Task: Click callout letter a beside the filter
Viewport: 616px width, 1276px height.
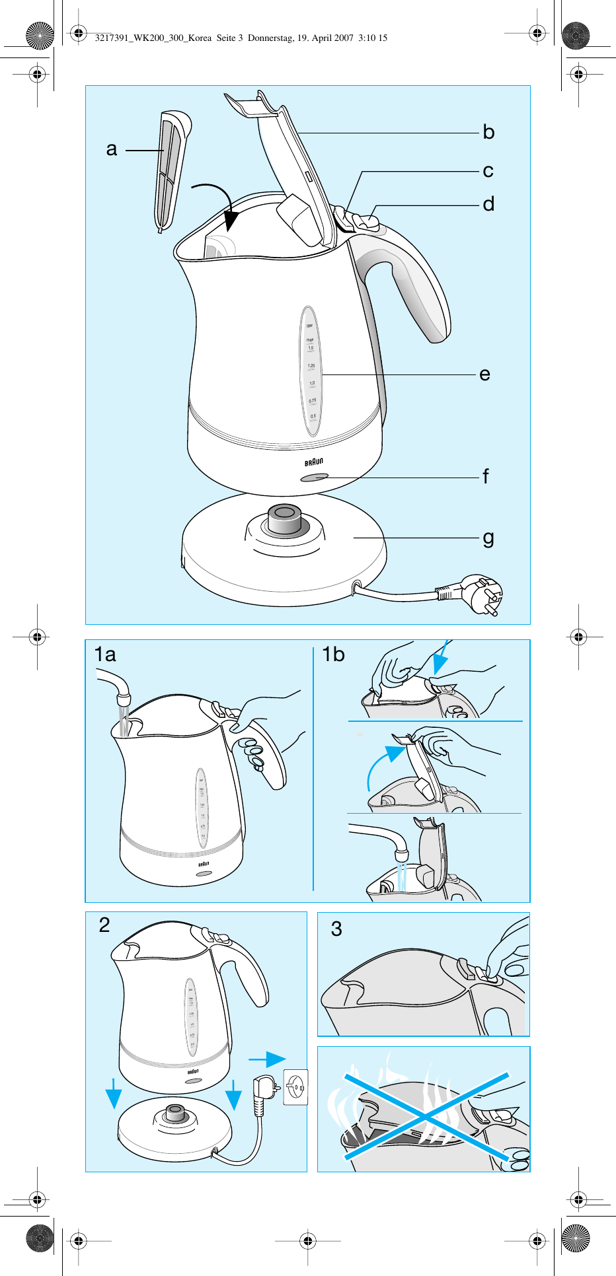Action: click(112, 149)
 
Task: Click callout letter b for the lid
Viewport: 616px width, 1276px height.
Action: click(488, 133)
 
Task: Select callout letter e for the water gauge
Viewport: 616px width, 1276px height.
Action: click(484, 374)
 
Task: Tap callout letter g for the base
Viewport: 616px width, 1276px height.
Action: click(488, 538)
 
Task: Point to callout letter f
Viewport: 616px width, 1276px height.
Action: click(486, 476)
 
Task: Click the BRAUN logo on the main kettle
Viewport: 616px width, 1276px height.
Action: click(314, 462)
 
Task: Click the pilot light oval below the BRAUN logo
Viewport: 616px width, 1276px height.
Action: click(314, 478)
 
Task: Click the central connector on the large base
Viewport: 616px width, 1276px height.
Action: click(285, 520)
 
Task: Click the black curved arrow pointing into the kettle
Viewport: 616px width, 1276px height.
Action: click(218, 201)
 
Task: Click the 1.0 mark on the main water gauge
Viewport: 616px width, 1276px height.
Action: click(312, 383)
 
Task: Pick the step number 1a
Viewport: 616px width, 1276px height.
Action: click(105, 655)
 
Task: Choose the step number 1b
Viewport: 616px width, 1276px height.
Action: click(333, 655)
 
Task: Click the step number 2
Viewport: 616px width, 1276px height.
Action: click(104, 925)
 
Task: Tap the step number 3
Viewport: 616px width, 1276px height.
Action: click(336, 929)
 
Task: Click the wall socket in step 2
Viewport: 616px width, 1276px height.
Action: click(295, 1086)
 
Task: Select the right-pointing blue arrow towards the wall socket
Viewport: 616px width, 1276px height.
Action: click(268, 1059)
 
